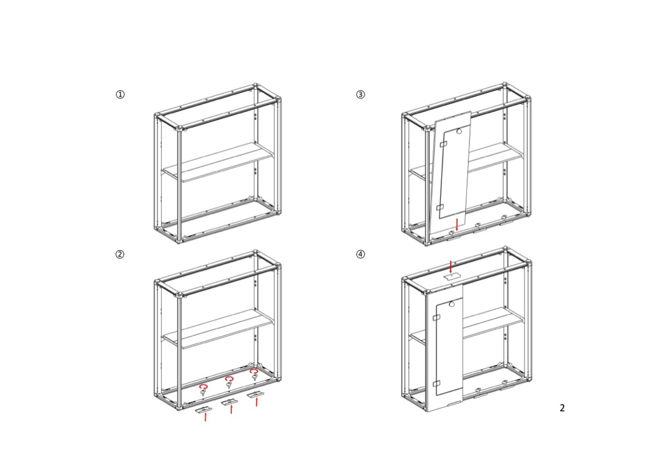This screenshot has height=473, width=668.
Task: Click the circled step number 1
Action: (x=120, y=94)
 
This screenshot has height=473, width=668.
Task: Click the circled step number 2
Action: (x=120, y=255)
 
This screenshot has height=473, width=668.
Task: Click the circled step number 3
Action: (x=361, y=94)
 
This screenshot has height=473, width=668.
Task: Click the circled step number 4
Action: (x=361, y=255)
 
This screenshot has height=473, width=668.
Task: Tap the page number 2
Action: (x=562, y=408)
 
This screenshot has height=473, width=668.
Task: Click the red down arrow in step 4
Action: (x=451, y=267)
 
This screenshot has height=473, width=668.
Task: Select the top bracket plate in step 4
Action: (x=451, y=276)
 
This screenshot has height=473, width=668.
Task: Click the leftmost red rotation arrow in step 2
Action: (x=203, y=387)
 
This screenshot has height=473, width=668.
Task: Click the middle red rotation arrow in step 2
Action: (x=229, y=379)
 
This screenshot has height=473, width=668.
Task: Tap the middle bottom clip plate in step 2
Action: (x=229, y=402)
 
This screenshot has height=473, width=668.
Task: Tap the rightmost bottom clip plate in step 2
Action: (x=256, y=395)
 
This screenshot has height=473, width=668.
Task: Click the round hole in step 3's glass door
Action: (x=459, y=132)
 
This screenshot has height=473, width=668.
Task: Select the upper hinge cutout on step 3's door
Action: (x=443, y=144)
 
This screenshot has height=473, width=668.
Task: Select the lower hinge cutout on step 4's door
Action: (x=436, y=384)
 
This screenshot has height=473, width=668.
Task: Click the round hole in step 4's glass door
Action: (x=452, y=304)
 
